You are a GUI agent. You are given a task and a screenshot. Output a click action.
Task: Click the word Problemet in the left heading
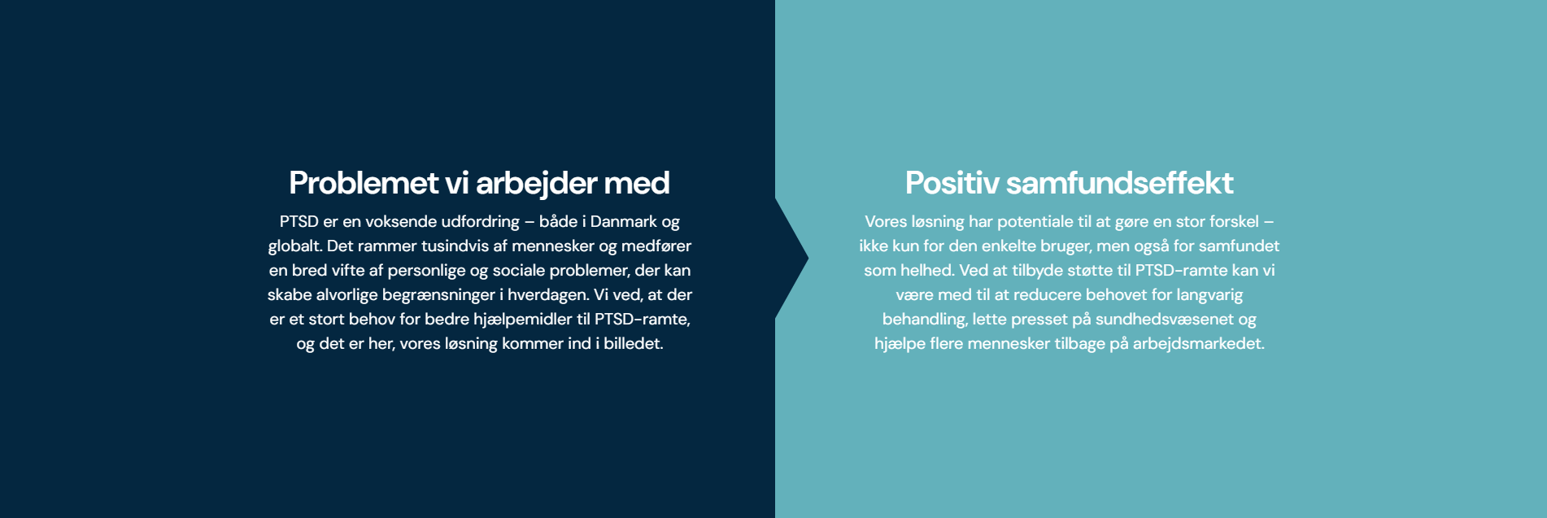(x=364, y=183)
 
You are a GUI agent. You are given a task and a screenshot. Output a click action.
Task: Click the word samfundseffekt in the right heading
(x=1119, y=183)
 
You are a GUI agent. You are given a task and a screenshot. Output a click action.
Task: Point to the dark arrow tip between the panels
(x=808, y=259)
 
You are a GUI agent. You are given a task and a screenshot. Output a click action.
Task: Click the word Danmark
(x=624, y=221)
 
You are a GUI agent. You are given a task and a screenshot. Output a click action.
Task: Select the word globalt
(x=294, y=246)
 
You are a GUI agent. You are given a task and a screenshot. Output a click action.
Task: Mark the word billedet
(x=634, y=343)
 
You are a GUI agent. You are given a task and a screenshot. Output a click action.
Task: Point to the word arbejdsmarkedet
(x=1199, y=344)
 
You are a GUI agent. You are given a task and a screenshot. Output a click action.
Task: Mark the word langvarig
(x=1209, y=295)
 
